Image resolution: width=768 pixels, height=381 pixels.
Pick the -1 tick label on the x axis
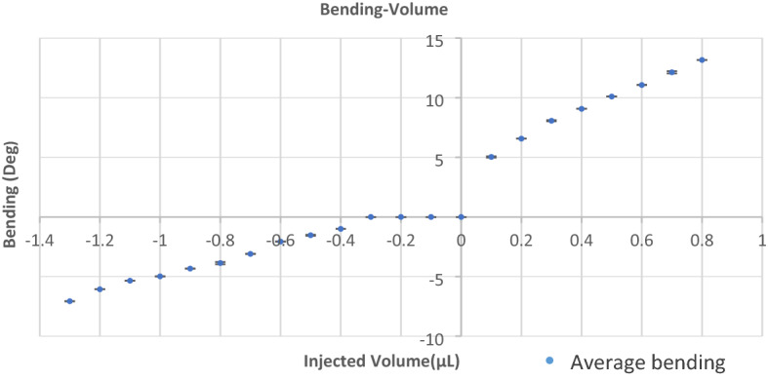(x=160, y=240)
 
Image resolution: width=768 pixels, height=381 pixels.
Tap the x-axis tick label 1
(x=762, y=240)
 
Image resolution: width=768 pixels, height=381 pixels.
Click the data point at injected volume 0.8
(x=702, y=60)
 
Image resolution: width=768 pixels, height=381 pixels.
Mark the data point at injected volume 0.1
(x=491, y=157)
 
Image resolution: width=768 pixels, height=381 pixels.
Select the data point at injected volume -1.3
(x=69, y=301)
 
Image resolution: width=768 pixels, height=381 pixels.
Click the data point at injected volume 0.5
(x=612, y=96)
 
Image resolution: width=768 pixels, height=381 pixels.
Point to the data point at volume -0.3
(x=371, y=217)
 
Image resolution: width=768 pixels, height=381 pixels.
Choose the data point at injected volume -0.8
(x=221, y=263)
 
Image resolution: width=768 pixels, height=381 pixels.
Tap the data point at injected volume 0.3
(x=551, y=121)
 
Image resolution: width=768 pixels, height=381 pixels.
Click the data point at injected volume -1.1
(x=130, y=281)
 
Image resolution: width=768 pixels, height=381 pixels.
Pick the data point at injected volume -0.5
(x=310, y=236)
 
